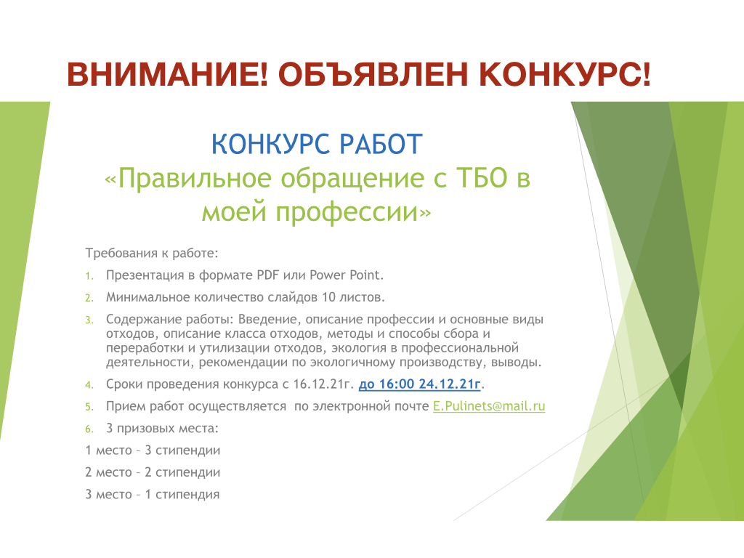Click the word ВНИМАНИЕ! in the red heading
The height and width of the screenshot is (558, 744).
click(x=168, y=75)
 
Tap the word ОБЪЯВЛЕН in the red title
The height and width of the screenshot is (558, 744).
click(x=373, y=75)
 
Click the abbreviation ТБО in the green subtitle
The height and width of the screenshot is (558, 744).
click(x=482, y=178)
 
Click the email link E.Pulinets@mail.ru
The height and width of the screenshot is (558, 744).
click(x=489, y=406)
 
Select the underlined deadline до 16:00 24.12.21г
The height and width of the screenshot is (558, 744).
click(x=420, y=384)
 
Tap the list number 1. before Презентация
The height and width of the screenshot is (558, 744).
click(x=89, y=276)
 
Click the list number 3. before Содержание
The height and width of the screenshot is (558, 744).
click(x=89, y=320)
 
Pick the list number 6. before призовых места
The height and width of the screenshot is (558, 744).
click(x=89, y=429)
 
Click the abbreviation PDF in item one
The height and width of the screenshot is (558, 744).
click(x=268, y=275)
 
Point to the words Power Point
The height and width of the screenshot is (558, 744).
click(x=347, y=275)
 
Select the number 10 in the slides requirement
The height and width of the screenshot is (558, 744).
click(x=328, y=297)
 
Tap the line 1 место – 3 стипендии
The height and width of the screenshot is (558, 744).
click(x=153, y=450)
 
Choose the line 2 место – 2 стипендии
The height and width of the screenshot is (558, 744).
click(x=153, y=472)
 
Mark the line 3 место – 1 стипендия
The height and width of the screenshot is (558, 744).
click(x=153, y=494)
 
